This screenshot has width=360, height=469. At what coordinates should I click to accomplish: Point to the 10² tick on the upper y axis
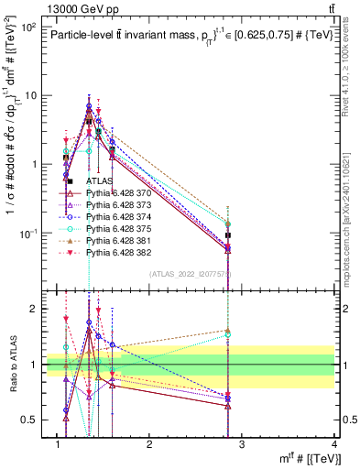tap(28, 27)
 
